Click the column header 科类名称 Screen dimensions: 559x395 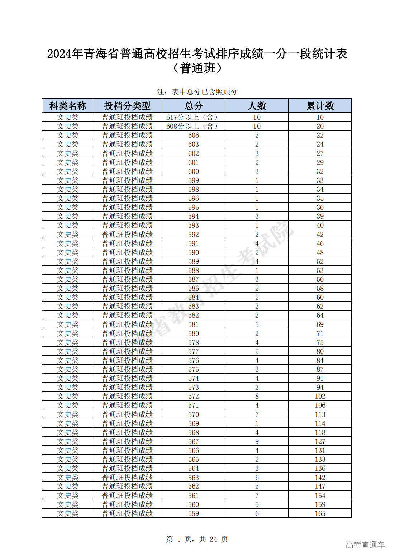point(67,106)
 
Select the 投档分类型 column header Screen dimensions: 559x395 point(127,106)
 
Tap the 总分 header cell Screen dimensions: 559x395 point(194,106)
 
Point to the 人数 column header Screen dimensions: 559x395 point(257,106)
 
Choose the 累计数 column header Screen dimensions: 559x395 point(320,106)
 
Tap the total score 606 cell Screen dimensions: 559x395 point(194,135)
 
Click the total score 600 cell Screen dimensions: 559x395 point(194,171)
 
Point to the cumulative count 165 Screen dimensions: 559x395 point(320,513)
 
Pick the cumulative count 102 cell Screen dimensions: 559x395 point(320,396)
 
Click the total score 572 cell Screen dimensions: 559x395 point(194,396)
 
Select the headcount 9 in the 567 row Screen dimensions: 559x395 point(257,441)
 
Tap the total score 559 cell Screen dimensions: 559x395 point(194,513)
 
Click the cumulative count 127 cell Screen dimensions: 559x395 point(320,441)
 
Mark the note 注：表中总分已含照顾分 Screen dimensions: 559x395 point(197,92)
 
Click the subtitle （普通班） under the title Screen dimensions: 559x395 point(197,68)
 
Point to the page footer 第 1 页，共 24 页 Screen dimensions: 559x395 point(197,539)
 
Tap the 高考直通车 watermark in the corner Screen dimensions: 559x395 point(365,545)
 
